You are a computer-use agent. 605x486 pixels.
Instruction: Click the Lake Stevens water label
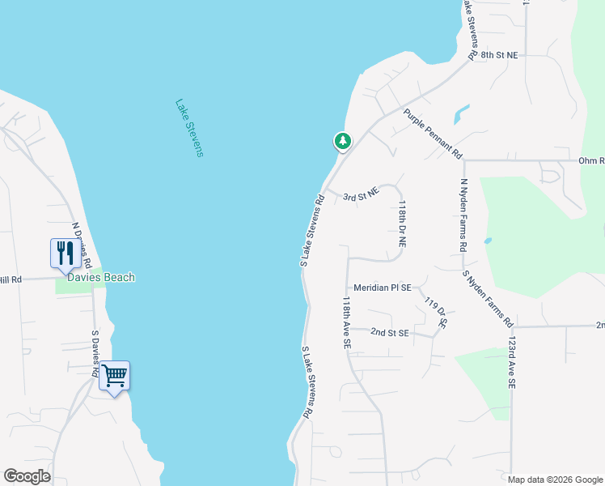tap(188, 128)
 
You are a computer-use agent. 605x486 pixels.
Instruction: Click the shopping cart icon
tap(114, 375)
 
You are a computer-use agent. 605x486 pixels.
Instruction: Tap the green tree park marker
tap(343, 142)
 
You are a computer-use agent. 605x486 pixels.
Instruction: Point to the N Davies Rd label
tap(82, 245)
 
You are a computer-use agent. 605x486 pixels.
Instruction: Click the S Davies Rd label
tap(95, 354)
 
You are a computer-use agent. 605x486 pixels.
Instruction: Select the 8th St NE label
tap(499, 55)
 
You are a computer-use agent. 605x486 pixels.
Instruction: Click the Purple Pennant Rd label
tap(433, 134)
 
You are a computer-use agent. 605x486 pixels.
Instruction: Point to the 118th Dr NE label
tap(401, 224)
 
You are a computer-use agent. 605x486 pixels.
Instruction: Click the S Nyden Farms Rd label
tap(488, 299)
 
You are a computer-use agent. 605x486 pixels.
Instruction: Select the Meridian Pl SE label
tap(383, 288)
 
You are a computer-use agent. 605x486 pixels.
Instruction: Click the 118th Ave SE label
tap(346, 322)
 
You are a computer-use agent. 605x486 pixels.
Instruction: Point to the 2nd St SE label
tap(391, 332)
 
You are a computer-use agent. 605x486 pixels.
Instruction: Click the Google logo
tap(27, 476)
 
